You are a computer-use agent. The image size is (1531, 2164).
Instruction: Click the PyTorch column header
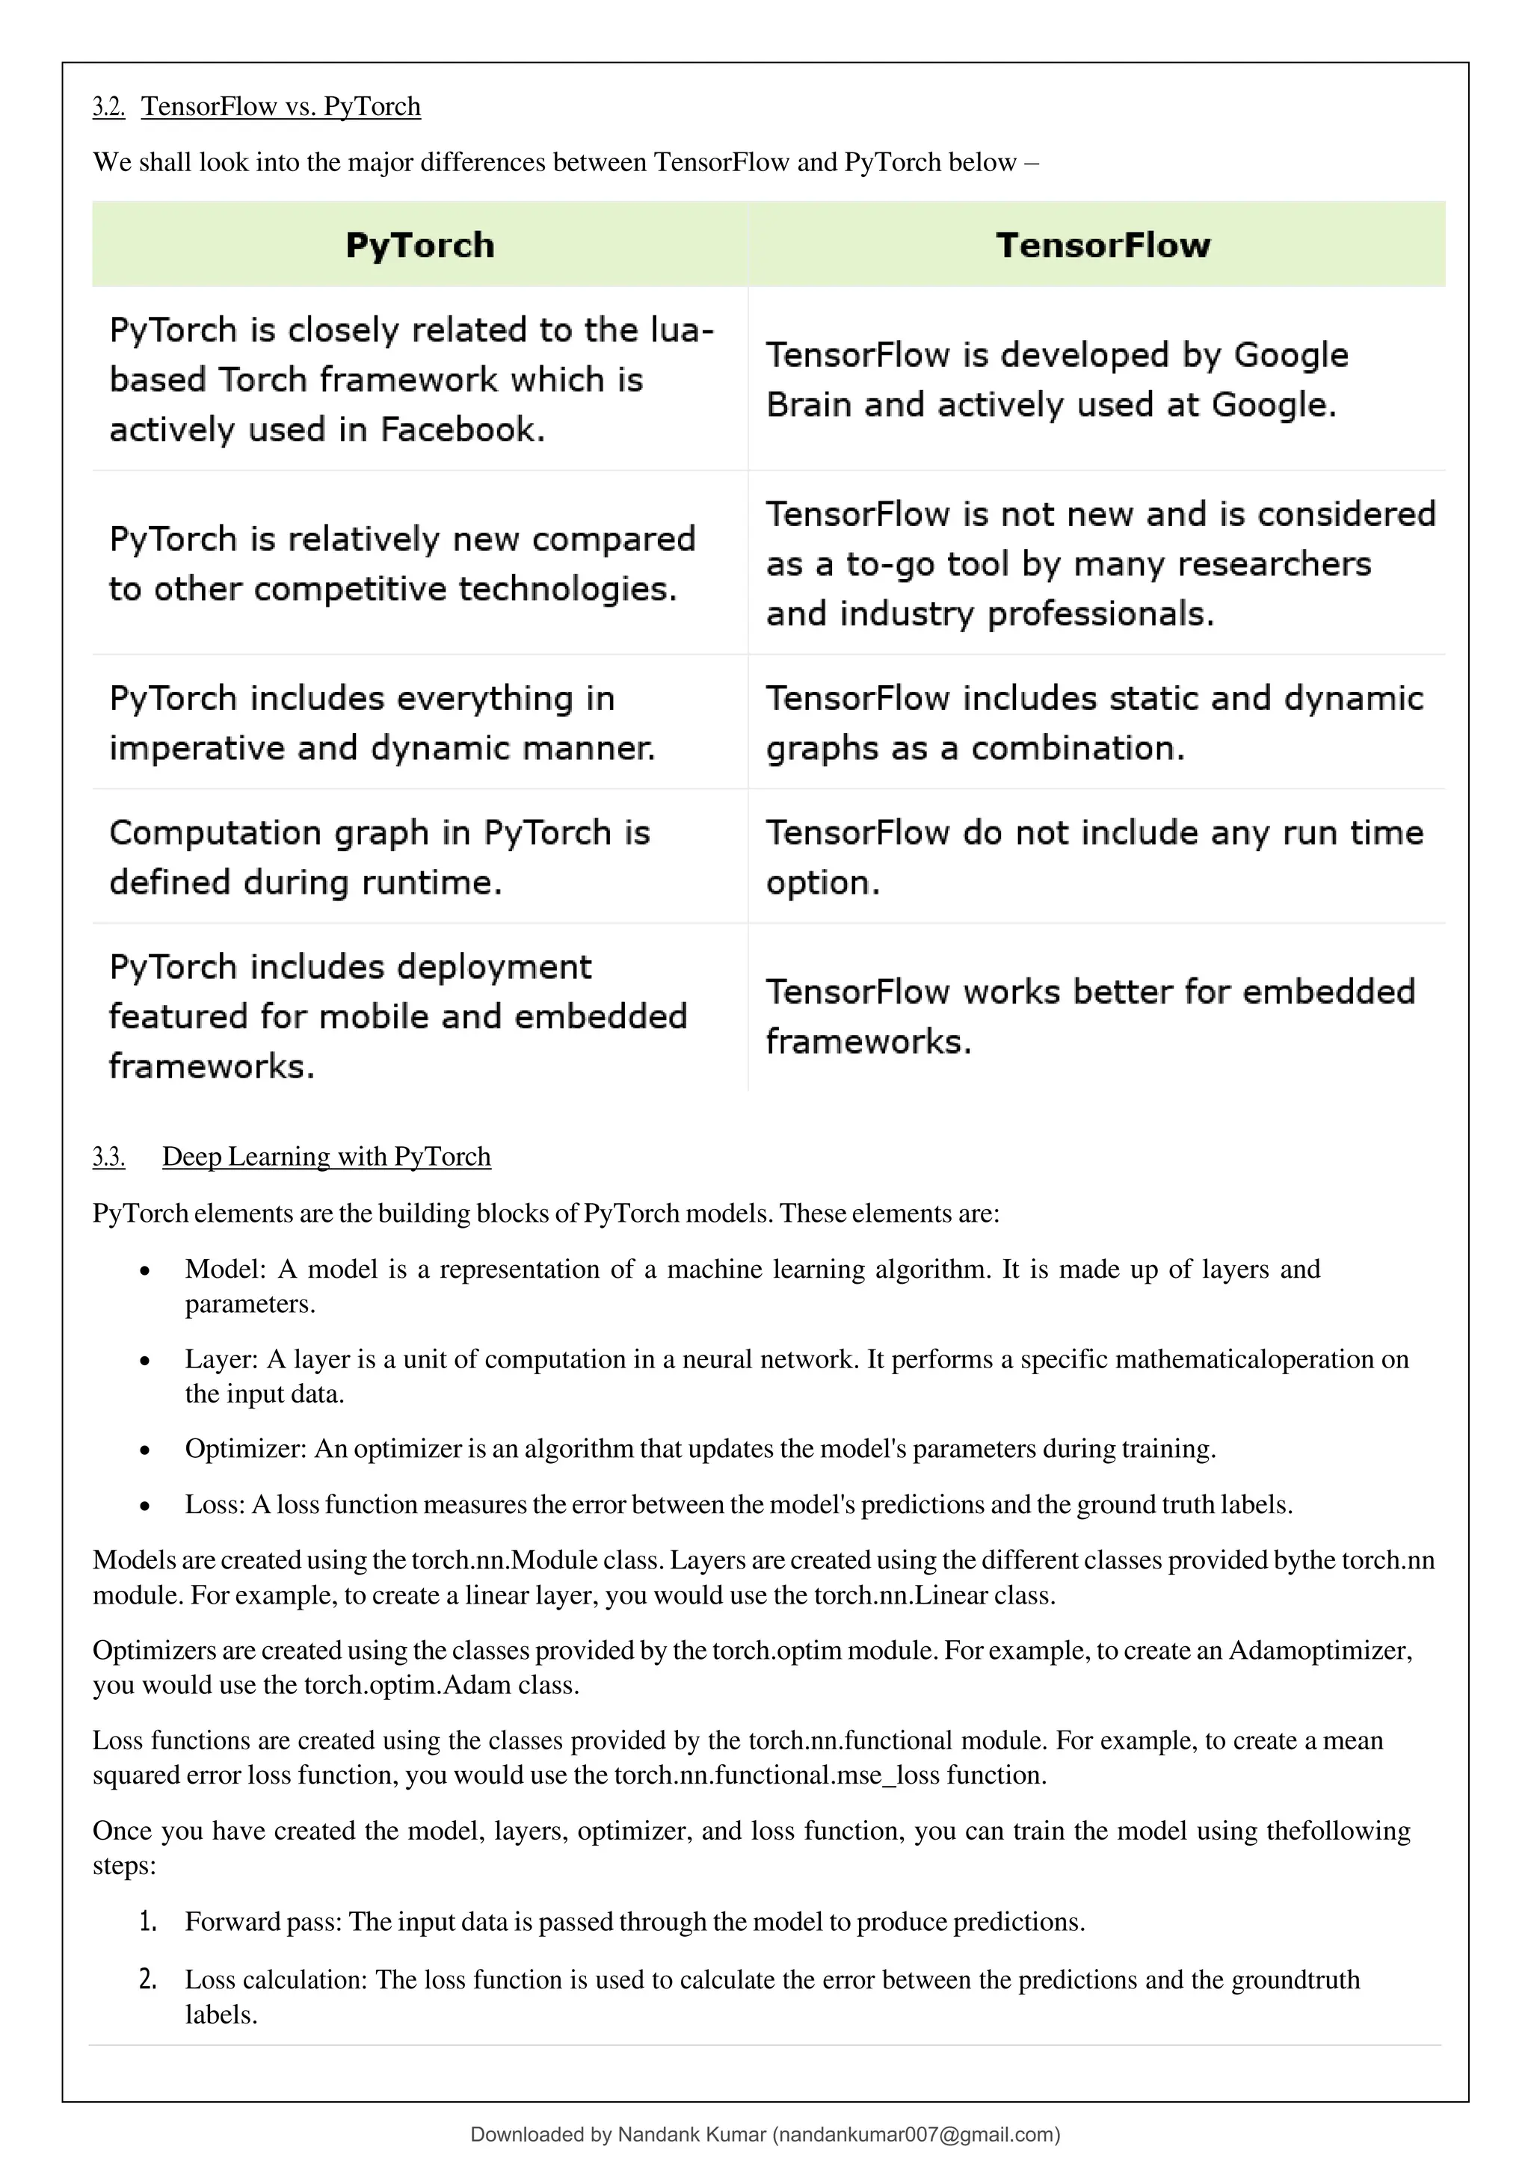419,245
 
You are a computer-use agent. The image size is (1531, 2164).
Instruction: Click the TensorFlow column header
1102,245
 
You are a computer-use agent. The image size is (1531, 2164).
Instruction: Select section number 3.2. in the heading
108,107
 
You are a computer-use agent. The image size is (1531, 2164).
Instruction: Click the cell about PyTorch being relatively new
401,563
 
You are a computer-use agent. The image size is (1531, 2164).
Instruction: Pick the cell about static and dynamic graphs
1094,723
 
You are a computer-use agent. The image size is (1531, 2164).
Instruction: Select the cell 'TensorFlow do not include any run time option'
1094,857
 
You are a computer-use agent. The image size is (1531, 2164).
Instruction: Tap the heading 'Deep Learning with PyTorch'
326,1157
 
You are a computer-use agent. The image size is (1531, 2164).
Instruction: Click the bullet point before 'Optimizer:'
144,1450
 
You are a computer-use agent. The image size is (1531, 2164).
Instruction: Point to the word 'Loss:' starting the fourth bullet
215,1504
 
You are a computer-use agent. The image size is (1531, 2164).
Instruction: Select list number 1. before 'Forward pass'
148,1922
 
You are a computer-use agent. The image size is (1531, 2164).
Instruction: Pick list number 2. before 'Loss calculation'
148,1979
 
